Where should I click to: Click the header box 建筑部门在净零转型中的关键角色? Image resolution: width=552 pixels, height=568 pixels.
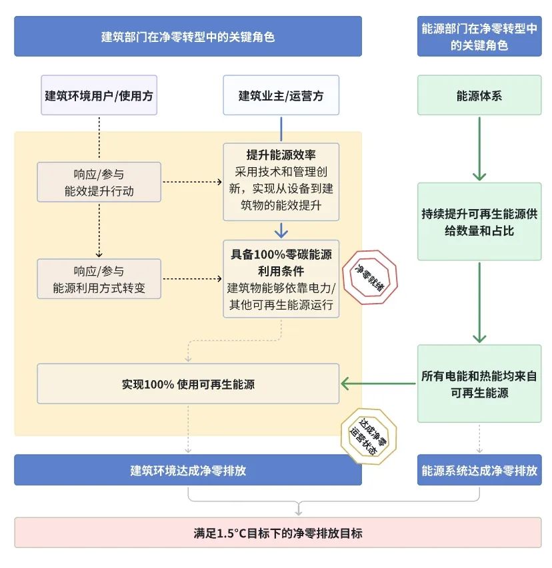[187, 37]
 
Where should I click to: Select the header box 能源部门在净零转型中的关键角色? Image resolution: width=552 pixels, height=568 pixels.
[479, 37]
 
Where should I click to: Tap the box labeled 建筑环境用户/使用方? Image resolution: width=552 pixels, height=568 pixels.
[99, 95]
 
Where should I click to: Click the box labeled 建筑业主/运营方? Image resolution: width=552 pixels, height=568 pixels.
[281, 95]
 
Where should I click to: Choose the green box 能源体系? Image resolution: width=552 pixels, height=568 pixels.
[479, 95]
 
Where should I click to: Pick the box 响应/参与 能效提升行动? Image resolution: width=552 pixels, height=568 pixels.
[99, 182]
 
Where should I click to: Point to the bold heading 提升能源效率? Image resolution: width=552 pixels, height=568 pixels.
[281, 155]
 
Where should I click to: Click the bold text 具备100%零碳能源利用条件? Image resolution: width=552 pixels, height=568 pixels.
[281, 262]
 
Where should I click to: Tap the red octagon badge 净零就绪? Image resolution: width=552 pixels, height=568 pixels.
[369, 276]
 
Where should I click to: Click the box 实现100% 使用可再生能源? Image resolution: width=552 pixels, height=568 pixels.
[187, 384]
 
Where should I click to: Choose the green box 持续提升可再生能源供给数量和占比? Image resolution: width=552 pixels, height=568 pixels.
[479, 222]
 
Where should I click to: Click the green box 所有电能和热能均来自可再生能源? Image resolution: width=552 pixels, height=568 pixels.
[479, 384]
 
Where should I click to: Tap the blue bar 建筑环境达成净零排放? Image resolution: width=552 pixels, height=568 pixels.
[187, 470]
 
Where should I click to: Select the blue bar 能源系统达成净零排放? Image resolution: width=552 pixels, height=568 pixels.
[479, 470]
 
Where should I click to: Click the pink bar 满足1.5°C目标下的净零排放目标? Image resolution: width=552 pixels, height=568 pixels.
[277, 533]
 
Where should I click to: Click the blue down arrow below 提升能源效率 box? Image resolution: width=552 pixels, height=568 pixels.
[281, 230]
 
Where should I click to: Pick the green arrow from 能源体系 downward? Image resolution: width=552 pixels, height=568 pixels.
[479, 150]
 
